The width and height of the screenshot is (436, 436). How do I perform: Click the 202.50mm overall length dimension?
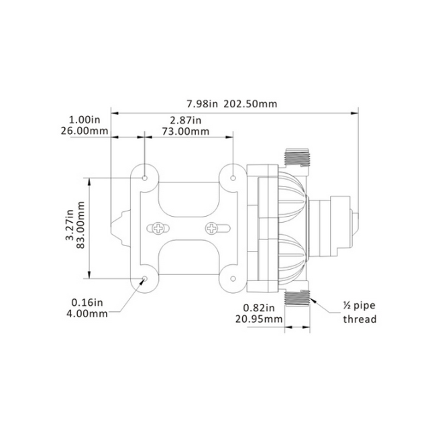(251, 104)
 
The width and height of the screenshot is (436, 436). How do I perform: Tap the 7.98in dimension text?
(202, 104)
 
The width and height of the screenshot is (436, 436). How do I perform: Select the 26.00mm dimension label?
(85, 131)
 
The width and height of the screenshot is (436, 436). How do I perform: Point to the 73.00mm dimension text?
(186, 131)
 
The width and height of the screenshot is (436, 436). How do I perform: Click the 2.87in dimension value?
(186, 120)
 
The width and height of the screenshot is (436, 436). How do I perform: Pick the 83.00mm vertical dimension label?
(80, 225)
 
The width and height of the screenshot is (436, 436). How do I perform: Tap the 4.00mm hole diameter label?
(87, 314)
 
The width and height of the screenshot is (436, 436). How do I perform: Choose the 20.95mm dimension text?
(259, 319)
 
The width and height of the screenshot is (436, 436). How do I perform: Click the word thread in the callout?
(360, 319)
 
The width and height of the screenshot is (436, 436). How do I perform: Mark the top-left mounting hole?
(145, 178)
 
